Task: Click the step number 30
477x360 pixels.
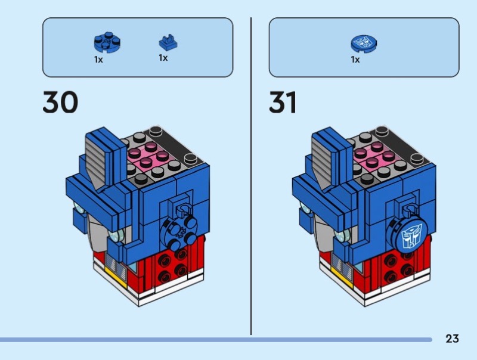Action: pyautogui.click(x=60, y=102)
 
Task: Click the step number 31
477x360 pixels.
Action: pyautogui.click(x=283, y=102)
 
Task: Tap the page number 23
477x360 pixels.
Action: pyautogui.click(x=452, y=339)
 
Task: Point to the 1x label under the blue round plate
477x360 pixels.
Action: pyautogui.click(x=98, y=60)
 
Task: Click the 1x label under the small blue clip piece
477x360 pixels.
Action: pyautogui.click(x=163, y=58)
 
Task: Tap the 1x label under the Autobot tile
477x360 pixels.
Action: pyautogui.click(x=355, y=60)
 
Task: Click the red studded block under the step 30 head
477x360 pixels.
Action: pyautogui.click(x=174, y=265)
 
